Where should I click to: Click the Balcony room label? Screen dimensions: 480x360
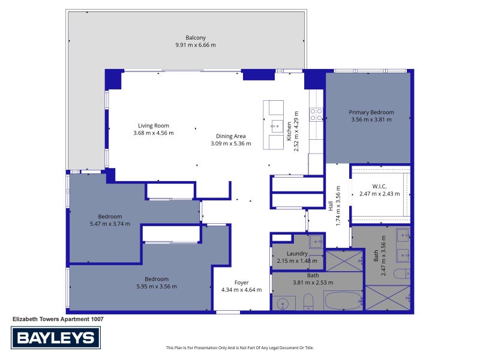(196, 38)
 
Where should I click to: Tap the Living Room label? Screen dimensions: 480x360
(154, 125)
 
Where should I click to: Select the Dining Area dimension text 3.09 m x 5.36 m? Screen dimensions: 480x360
(231, 143)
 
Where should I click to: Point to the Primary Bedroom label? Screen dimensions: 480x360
(371, 112)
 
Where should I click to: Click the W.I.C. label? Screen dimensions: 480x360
(379, 186)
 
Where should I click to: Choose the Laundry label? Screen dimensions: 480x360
(297, 253)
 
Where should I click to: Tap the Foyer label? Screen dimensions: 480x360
(242, 283)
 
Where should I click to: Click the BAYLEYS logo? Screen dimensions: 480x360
(56, 338)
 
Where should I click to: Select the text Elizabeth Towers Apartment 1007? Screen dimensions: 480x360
(58, 319)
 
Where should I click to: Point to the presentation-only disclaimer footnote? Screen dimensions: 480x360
(239, 347)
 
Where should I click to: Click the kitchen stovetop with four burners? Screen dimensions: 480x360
(316, 114)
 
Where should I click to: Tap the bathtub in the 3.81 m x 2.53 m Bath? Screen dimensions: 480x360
(344, 301)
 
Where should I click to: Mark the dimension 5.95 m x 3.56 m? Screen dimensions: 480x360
(157, 287)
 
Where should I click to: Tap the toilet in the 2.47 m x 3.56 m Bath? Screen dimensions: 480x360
(402, 274)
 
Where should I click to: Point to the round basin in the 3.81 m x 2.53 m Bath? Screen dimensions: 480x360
(282, 304)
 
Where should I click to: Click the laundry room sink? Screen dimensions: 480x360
(316, 242)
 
